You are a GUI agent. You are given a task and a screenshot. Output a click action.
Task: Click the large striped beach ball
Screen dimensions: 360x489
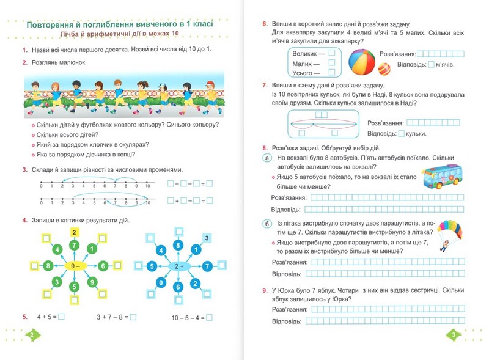pos(362,62)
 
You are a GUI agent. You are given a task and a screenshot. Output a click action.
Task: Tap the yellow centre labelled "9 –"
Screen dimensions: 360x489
pos(74,266)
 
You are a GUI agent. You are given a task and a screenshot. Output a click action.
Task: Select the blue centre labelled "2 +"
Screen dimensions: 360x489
pos(178,266)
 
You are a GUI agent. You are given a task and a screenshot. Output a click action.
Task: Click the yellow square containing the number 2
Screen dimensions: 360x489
pos(74,232)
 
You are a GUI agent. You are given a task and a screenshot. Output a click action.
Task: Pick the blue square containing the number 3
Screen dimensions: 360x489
pos(207,238)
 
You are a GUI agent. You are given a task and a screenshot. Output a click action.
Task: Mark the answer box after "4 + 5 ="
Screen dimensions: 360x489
pos(61,317)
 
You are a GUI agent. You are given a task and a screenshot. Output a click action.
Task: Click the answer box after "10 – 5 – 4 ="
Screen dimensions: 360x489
pos(210,317)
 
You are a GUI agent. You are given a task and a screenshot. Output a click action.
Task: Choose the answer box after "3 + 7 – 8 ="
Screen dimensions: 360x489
pos(133,317)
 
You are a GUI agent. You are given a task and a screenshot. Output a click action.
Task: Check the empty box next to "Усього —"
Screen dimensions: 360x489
pos(331,73)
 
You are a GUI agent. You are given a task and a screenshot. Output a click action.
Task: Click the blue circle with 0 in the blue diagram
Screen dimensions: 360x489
pos(161,283)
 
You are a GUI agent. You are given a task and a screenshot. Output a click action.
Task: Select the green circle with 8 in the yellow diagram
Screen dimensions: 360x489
pos(48,266)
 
